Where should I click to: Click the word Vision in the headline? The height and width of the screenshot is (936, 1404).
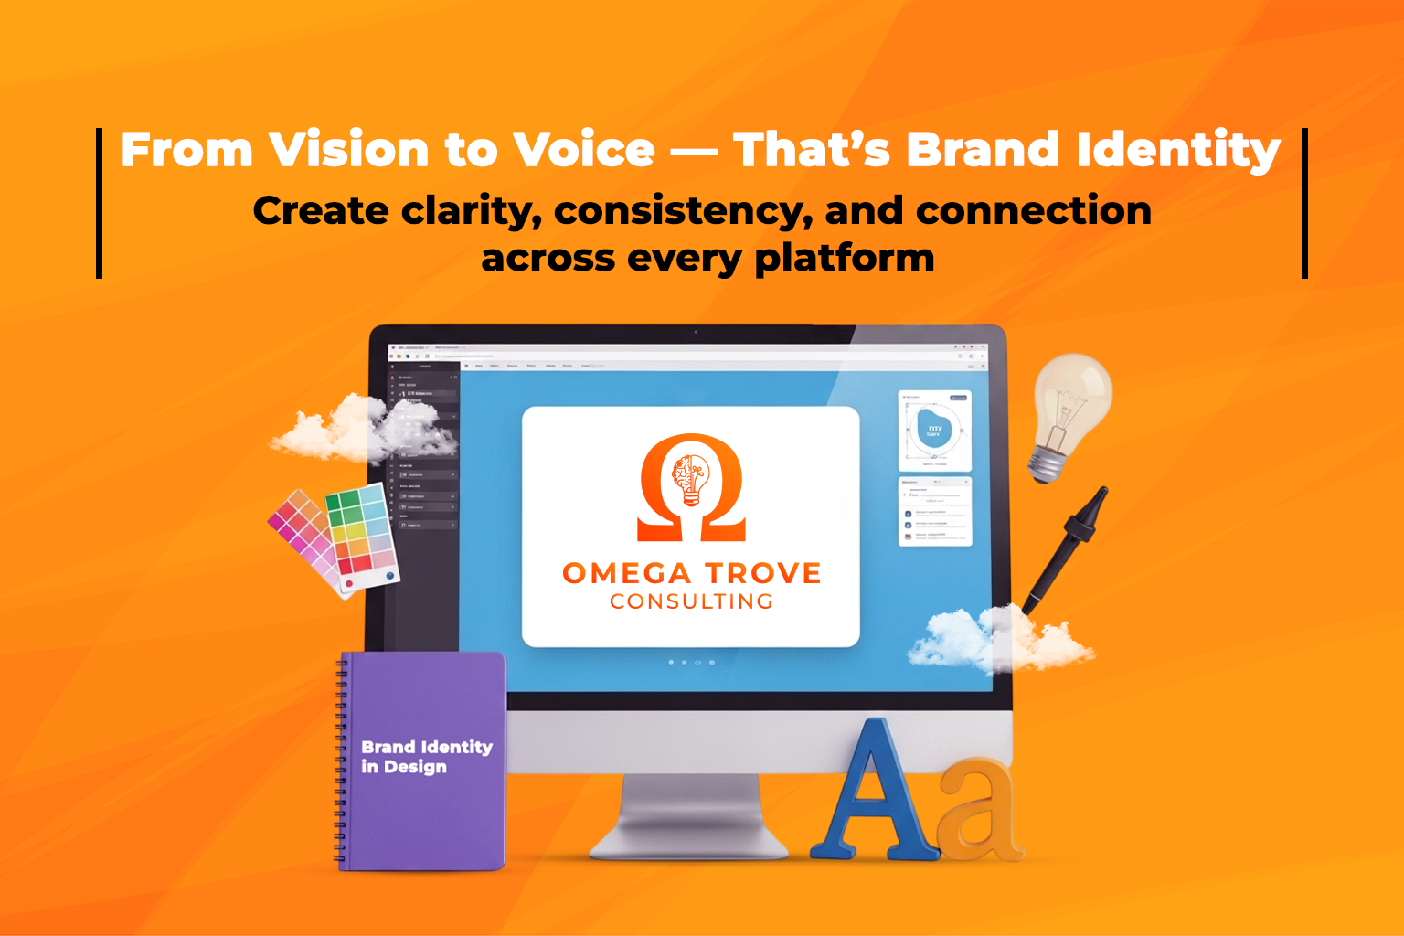348,151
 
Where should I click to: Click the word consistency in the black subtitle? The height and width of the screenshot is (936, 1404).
683,212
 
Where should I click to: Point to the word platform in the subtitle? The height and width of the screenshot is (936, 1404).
844,259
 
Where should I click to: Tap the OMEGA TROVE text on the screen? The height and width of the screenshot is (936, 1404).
692,573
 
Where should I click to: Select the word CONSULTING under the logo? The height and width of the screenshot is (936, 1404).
692,601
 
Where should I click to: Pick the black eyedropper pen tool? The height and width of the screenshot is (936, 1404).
1065,548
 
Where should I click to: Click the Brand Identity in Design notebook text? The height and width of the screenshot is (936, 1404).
426,757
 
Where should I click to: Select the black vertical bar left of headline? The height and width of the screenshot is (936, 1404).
99,203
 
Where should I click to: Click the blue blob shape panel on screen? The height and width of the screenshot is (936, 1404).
934,431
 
